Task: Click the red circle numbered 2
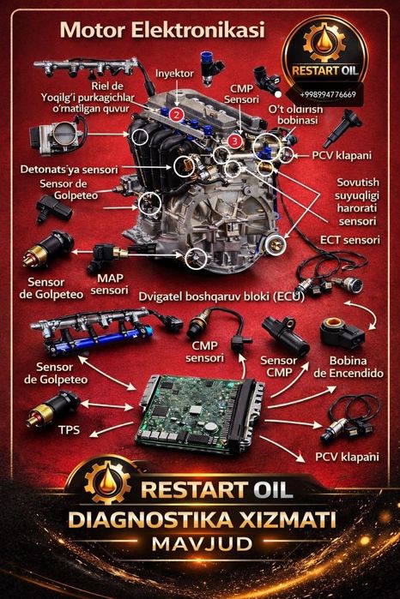pos(176,113)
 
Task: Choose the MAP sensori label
pos(108,285)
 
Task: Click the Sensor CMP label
pos(279,366)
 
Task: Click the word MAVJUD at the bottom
pos(200,544)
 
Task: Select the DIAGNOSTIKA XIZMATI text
pos(200,519)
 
